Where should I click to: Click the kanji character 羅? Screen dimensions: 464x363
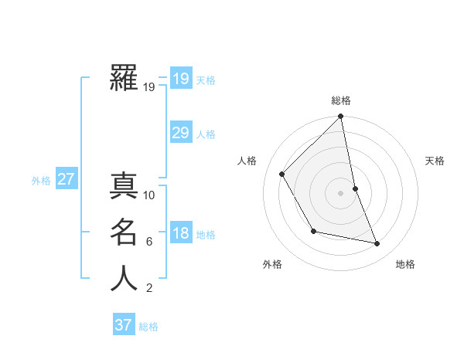124,78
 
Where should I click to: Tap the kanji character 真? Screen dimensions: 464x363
124,186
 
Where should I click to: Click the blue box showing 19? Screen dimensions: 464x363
181,78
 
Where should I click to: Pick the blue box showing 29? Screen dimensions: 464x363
181,132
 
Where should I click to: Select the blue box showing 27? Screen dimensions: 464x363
67,179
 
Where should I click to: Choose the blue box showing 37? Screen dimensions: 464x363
124,324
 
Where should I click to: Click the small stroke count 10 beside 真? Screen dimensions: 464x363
150,195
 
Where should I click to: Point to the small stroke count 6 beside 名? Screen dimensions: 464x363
149,242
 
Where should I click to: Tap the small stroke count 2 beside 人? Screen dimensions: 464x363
149,288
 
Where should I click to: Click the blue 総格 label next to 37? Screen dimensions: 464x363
148,327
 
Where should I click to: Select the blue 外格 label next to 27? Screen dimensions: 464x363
41,181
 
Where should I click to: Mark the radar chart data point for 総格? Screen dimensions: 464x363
340,117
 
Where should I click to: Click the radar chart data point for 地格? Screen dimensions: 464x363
377,243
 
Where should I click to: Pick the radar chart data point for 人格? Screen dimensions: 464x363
282,174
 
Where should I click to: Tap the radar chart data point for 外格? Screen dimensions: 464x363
313,231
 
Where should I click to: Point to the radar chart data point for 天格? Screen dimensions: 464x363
355,188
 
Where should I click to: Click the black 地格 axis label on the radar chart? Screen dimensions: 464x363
405,265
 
